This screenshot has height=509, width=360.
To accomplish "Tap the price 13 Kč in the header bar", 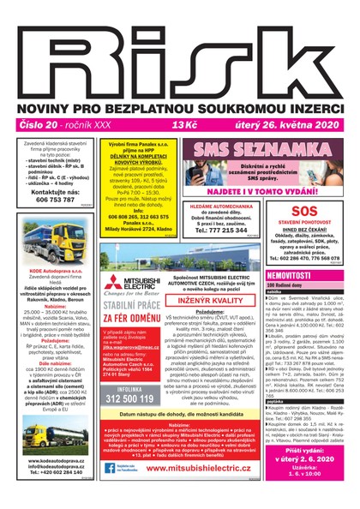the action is pyautogui.click(x=184, y=125).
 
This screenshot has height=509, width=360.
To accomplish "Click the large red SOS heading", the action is pyautogui.click(x=304, y=210).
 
